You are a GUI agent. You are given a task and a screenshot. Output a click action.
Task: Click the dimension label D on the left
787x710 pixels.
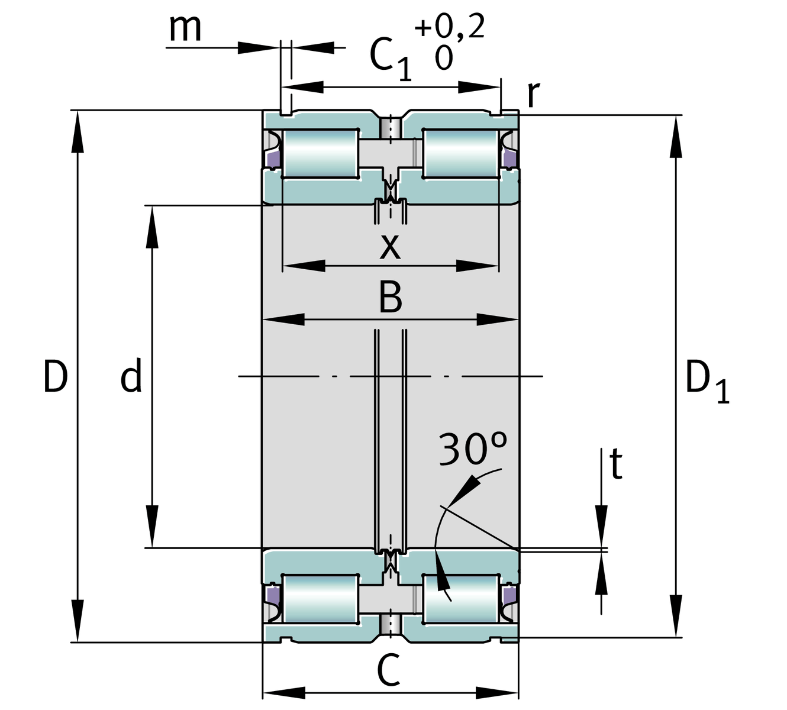click(x=55, y=376)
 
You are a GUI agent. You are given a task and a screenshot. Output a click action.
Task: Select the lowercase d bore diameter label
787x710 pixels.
click(x=131, y=376)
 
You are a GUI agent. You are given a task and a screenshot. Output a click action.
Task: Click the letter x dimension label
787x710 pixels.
click(x=390, y=246)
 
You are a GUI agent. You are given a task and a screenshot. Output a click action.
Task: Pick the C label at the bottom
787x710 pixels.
click(x=389, y=672)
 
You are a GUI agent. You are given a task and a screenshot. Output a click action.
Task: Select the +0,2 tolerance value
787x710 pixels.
click(x=450, y=27)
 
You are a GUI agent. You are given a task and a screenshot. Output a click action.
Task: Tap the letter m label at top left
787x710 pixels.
click(x=185, y=28)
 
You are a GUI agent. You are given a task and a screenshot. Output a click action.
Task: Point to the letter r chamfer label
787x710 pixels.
click(x=533, y=93)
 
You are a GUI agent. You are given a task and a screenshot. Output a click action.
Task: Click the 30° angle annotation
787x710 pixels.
click(x=473, y=449)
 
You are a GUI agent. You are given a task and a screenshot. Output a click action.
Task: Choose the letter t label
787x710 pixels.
click(x=616, y=464)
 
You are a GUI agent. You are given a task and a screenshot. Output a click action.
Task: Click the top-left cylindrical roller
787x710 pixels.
click(x=320, y=153)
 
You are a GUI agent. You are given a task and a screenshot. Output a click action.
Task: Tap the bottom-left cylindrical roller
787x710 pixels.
click(x=320, y=598)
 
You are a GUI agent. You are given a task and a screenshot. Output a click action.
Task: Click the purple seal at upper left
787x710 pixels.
click(x=272, y=159)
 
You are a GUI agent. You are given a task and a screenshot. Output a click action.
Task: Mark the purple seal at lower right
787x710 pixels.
click(x=508, y=593)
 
